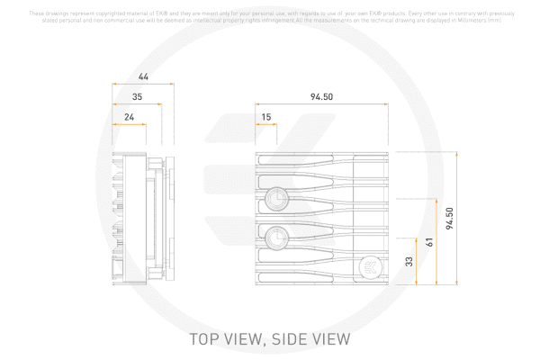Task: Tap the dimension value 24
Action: click(129, 117)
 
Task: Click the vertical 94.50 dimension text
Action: click(450, 219)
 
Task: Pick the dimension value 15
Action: click(265, 117)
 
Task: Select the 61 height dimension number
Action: click(430, 242)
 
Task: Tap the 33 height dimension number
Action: click(410, 262)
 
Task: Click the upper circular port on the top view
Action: click(277, 198)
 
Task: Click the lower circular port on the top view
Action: click(277, 238)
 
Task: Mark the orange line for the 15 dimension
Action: click(265, 125)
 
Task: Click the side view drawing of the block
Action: click(139, 219)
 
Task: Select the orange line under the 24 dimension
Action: click(129, 125)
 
